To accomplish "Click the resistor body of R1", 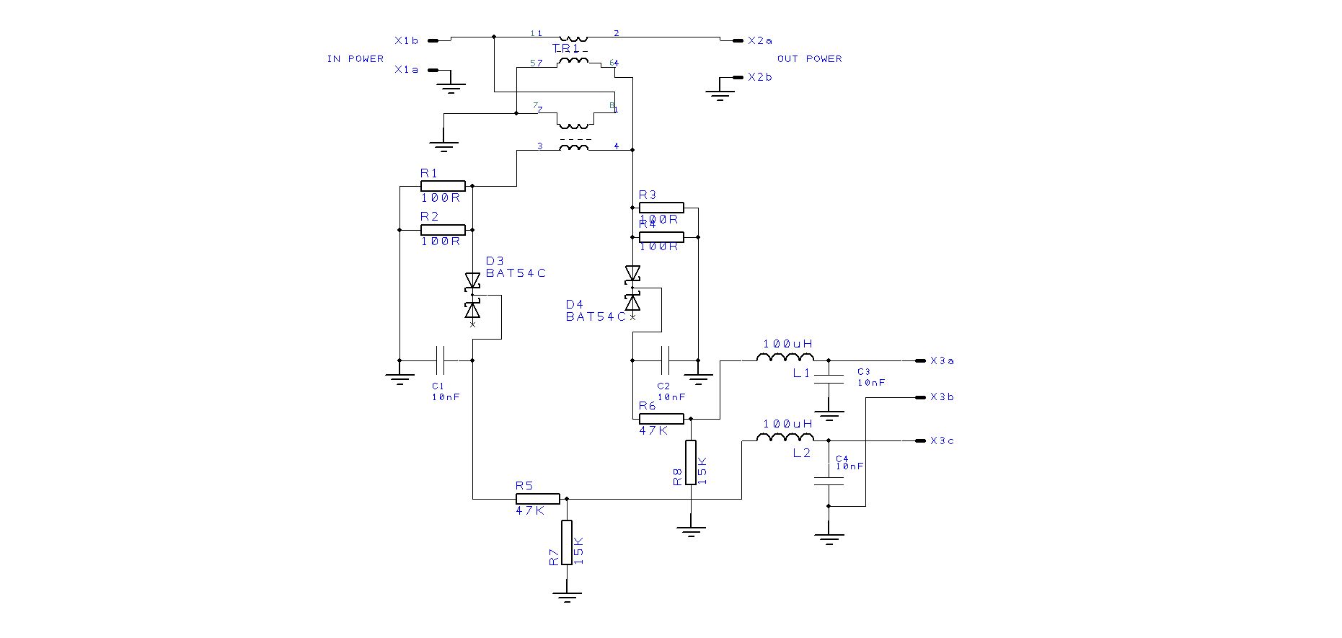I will coord(443,186).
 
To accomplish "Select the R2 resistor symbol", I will coord(443,230).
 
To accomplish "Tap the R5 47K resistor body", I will coord(537,498).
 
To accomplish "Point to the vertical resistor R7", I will coord(567,542).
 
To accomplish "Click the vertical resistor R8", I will coord(691,462).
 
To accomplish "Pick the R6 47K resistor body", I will coord(661,418).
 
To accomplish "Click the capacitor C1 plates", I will coord(442,360).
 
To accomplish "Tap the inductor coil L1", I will coord(785,358).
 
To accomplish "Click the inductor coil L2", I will coord(785,438).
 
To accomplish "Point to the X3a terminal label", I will coord(942,360).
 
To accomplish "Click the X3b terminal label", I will coord(942,397).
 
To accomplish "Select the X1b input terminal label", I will coord(406,41).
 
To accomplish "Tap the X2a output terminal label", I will coord(760,41).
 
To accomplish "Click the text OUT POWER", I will coord(809,59).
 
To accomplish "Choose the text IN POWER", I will coord(355,59).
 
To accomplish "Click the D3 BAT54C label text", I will coord(515,267).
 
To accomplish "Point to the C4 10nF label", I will coord(849,462).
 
